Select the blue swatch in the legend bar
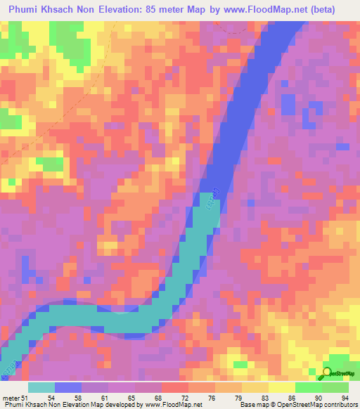click(x=68, y=388)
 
